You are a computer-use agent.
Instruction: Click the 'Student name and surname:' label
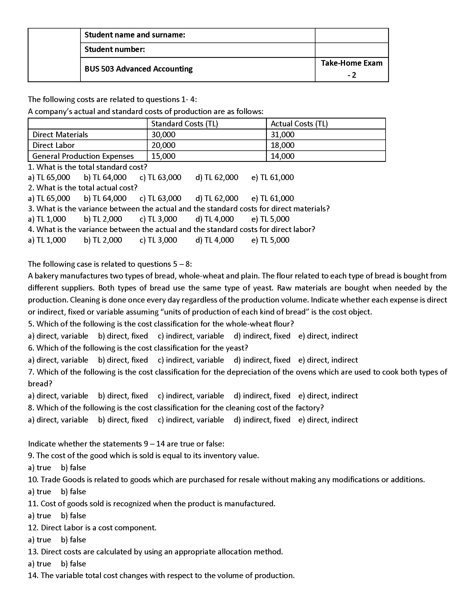134,35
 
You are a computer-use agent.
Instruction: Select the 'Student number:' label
115,49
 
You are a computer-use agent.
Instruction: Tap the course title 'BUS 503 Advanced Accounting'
138,69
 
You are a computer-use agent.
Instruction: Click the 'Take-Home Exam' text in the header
351,63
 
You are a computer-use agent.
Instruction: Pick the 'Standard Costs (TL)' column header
184,124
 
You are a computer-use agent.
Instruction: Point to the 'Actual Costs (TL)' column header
299,124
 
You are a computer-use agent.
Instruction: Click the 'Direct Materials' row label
60,135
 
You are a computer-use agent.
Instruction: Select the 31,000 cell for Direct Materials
282,135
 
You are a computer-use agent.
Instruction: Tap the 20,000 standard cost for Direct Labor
163,145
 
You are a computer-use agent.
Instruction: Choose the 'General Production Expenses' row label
83,156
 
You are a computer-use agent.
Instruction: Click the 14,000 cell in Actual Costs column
282,156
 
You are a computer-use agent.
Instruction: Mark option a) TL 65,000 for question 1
49,178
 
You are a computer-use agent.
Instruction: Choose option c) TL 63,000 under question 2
160,198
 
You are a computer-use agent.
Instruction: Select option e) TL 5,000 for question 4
270,240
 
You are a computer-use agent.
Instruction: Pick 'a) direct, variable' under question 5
58,336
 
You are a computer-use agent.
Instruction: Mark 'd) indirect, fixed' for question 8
262,420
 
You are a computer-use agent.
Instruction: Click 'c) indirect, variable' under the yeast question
191,360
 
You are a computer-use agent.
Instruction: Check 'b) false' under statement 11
73,515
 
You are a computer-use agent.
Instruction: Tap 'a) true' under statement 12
39,540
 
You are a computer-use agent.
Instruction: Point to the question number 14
33,576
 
